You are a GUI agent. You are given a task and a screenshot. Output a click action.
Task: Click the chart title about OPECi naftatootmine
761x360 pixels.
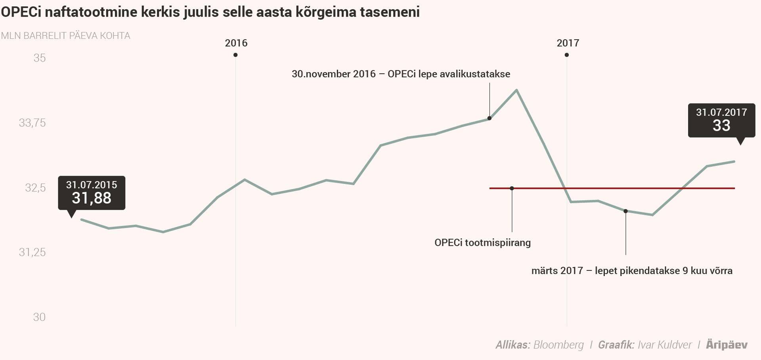point(210,12)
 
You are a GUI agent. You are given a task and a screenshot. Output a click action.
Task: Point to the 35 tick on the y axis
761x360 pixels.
point(39,58)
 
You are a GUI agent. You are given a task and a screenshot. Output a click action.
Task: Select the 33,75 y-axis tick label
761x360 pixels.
point(33,123)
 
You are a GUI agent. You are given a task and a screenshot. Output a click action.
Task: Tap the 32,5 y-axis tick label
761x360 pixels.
point(35,188)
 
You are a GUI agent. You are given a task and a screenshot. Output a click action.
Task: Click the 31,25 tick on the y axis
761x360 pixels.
point(33,252)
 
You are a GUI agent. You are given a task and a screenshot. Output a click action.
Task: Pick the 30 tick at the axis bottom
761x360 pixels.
point(39,317)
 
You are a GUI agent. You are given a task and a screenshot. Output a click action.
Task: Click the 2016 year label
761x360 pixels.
point(236,43)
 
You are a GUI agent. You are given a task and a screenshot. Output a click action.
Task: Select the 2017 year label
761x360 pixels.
point(568,43)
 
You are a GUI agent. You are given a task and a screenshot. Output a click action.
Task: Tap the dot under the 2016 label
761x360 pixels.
point(235,55)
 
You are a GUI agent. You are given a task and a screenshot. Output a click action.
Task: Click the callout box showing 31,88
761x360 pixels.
point(92,193)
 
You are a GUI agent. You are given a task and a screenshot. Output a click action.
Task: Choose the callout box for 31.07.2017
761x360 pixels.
point(721,120)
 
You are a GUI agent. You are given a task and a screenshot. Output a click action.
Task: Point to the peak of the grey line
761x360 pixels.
point(516,90)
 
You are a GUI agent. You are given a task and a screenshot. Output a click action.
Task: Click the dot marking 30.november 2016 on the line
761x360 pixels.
point(489,118)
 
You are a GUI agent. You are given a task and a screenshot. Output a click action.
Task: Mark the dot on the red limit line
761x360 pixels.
point(512,188)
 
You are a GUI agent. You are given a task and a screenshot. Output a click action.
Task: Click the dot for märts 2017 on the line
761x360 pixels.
point(625,211)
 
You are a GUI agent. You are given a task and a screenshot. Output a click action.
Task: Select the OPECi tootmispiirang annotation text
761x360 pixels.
point(482,243)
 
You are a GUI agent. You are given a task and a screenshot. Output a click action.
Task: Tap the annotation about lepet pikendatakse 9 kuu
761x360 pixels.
point(632,271)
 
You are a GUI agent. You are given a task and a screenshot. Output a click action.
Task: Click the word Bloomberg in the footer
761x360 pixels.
point(558,345)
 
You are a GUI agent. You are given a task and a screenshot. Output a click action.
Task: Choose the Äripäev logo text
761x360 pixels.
point(727,345)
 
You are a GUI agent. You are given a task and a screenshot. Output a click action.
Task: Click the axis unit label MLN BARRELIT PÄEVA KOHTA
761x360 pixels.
point(65,36)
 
